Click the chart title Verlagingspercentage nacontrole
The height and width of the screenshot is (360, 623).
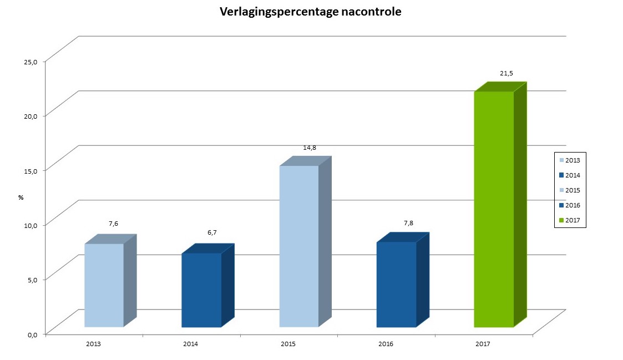[x=310, y=12]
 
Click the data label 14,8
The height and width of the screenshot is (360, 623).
[x=310, y=148]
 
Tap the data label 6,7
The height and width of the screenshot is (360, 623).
[x=212, y=232]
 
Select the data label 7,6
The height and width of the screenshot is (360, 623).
[x=113, y=224]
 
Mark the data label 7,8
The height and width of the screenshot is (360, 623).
[x=408, y=223]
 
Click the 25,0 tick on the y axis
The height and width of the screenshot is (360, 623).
[x=30, y=62]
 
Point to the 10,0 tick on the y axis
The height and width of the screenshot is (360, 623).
[x=30, y=225]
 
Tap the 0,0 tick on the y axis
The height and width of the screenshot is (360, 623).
[x=32, y=334]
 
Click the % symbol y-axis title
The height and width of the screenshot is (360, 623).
[x=21, y=197]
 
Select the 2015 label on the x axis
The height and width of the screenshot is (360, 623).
[x=288, y=344]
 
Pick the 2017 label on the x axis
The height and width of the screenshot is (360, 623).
[x=483, y=344]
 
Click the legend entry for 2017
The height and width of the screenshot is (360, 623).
[x=569, y=220]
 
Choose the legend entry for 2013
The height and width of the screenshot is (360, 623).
[x=569, y=160]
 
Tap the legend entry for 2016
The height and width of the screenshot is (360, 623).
[x=569, y=205]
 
